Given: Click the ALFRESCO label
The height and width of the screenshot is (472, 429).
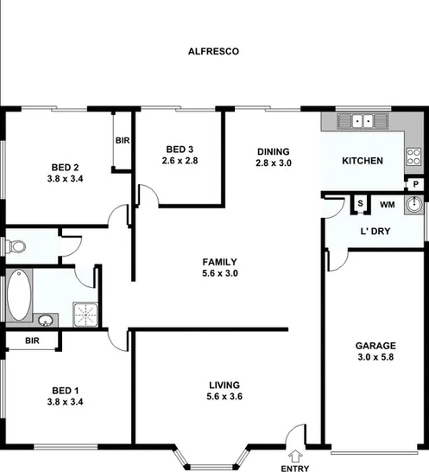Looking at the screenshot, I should coord(213,52).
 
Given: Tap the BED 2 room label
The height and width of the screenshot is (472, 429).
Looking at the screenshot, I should coord(65,167).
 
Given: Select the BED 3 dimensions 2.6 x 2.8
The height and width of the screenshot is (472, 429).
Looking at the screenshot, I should coord(180,161).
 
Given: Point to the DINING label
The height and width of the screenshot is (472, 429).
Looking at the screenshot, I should coord(273,151).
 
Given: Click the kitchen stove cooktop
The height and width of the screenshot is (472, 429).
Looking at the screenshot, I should coord(413,157).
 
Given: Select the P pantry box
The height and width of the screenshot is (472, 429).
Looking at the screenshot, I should coord(414,184).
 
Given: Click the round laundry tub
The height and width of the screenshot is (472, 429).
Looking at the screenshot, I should coord(414,205).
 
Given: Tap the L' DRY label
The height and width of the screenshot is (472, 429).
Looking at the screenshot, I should coord(377,232).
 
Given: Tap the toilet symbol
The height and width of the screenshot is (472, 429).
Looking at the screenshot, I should coord(15,247).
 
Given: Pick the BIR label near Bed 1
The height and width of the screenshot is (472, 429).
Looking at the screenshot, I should coord(32,341).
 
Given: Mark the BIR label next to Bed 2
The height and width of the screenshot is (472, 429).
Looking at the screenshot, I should coord(122,141).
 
